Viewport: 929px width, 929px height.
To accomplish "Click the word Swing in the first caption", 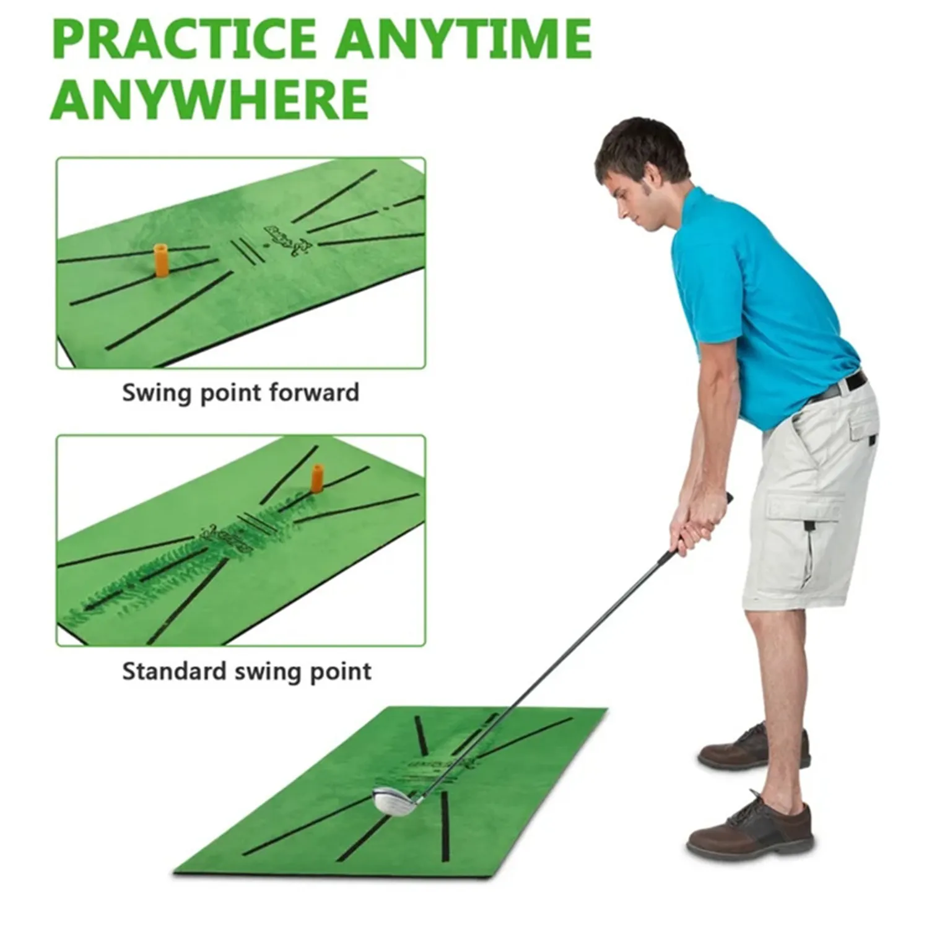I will pos(154,393).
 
